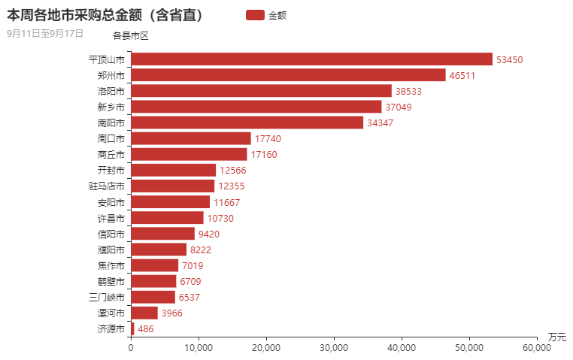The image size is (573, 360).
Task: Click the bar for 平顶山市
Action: [311, 59]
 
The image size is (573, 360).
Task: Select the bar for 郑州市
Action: [288, 75]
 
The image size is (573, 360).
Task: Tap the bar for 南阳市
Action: [247, 123]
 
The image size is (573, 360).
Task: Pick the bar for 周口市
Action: [191, 138]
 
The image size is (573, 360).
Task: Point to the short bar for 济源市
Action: [132, 329]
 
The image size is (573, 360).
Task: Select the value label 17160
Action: [265, 155]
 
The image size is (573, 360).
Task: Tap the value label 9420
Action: [209, 234]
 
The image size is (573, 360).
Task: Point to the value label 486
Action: [146, 329]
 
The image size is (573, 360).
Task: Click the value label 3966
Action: [172, 313]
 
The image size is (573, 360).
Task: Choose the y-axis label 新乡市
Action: [111, 107]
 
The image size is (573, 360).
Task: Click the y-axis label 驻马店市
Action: [107, 186]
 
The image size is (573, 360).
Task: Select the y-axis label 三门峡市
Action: [107, 298]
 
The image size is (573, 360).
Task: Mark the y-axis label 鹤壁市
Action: [111, 282]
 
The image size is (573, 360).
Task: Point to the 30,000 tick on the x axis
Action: [334, 348]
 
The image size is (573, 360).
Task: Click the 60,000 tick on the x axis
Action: [537, 348]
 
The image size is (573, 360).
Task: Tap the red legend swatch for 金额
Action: [255, 15]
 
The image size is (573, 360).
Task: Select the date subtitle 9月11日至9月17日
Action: [44, 34]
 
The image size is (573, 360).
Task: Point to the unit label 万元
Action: [557, 336]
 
